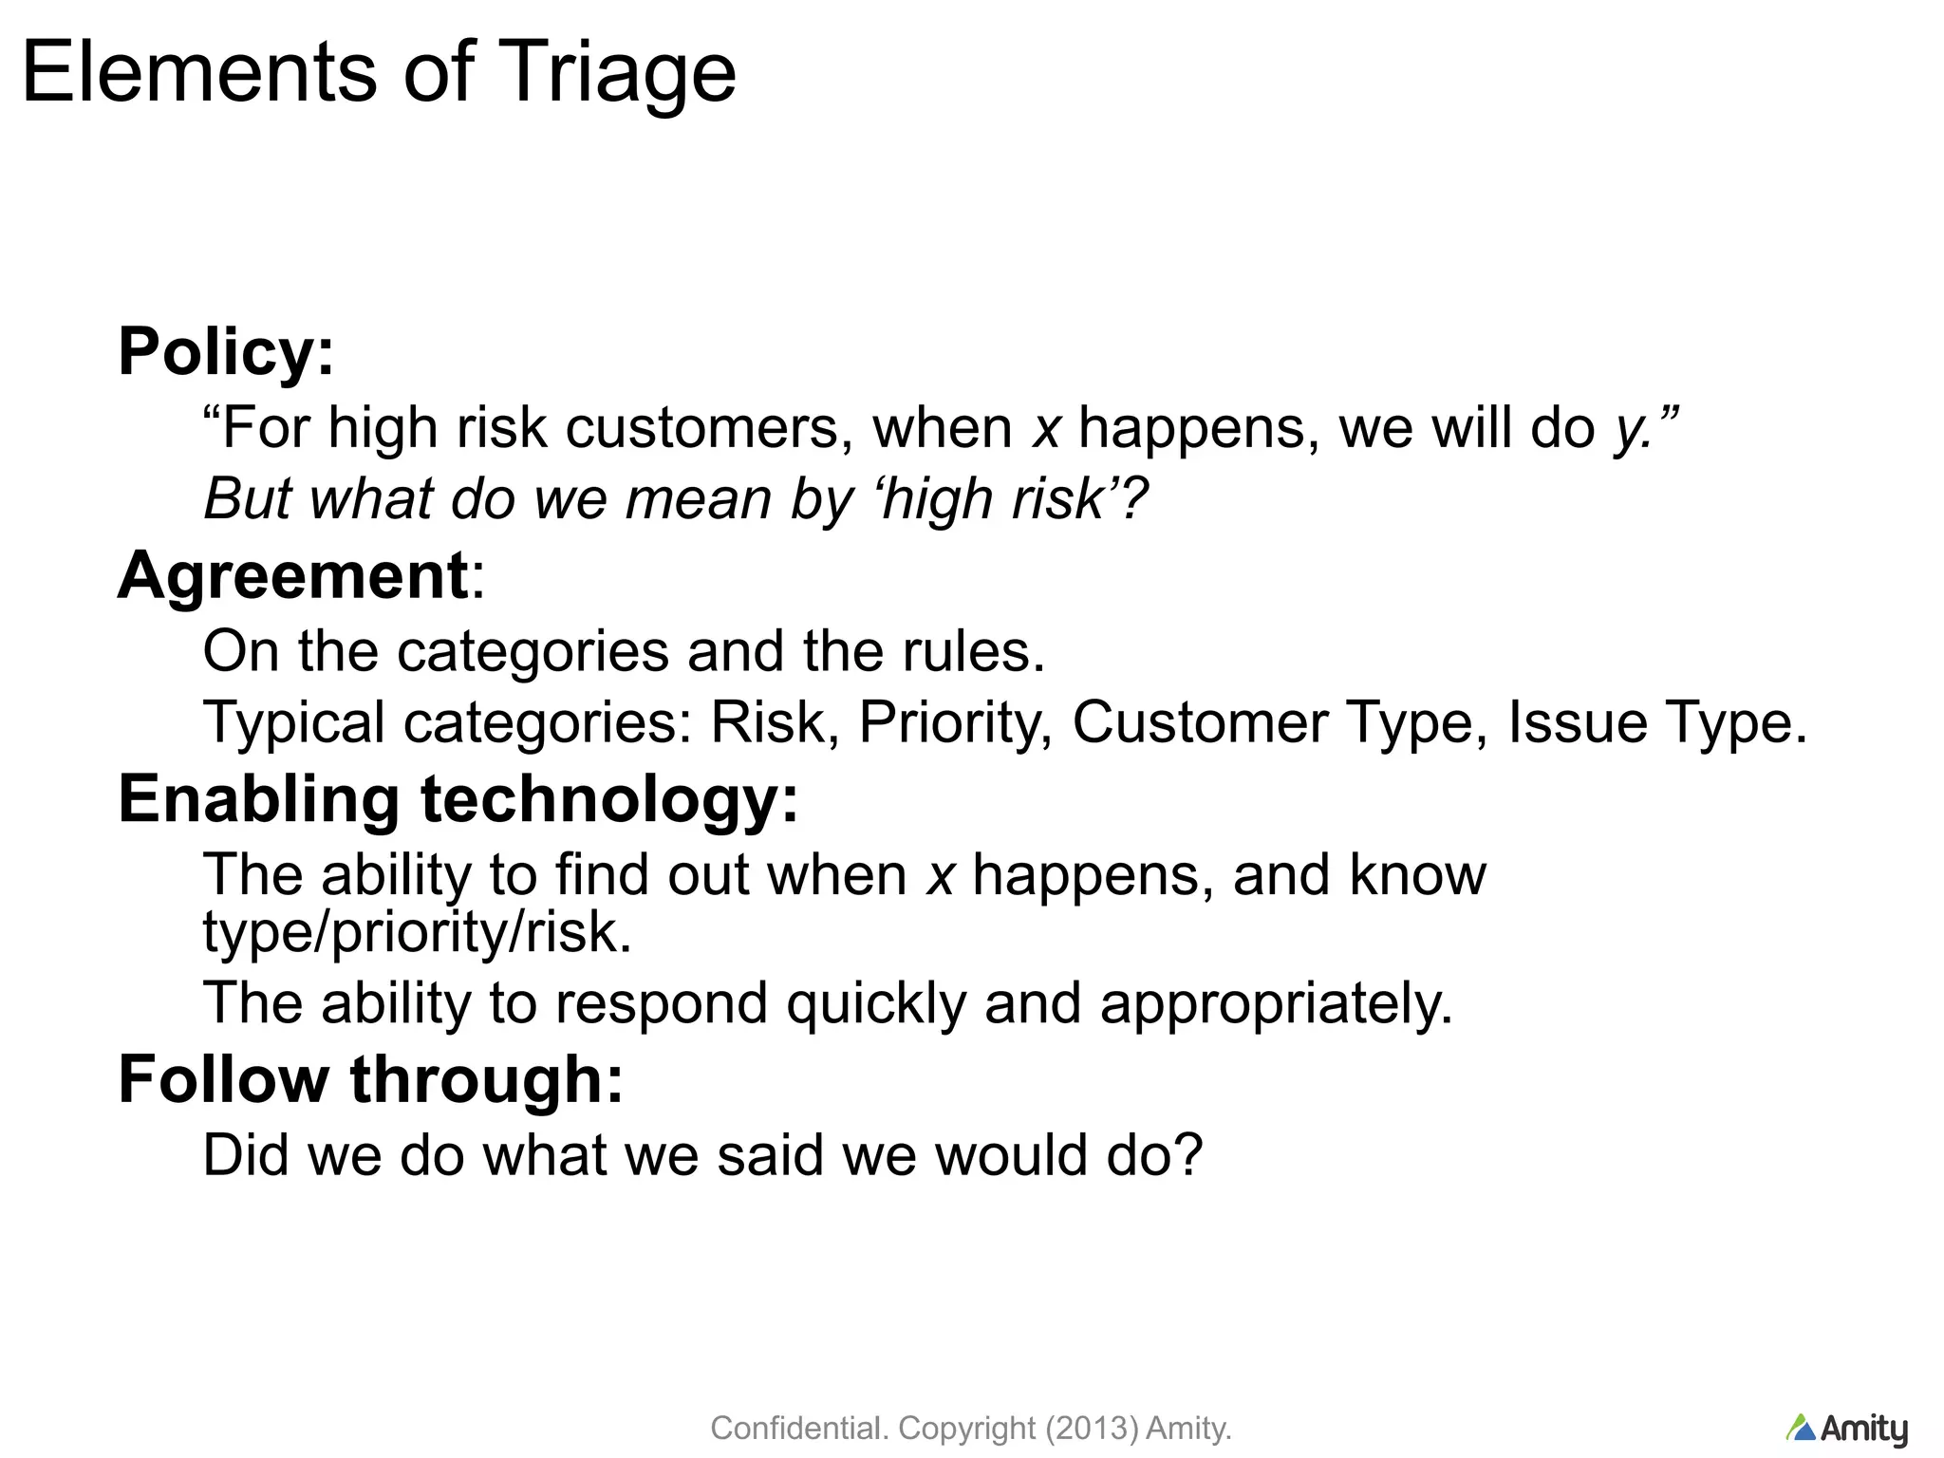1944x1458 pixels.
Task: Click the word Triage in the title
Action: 615,73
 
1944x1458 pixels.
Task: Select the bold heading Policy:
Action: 226,352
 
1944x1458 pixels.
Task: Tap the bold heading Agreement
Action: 292,575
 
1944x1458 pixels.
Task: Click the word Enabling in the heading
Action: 258,799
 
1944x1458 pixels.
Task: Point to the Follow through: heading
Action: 370,1079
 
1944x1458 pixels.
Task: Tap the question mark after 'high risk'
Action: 1134,498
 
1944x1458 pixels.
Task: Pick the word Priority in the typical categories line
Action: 955,723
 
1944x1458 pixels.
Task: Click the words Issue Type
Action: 1656,723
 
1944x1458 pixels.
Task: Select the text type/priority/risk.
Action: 417,933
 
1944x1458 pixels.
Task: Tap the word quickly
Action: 875,1003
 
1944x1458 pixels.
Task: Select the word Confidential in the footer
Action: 799,1428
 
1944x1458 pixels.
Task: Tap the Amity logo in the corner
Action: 1846,1429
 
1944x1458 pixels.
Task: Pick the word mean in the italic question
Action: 699,498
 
